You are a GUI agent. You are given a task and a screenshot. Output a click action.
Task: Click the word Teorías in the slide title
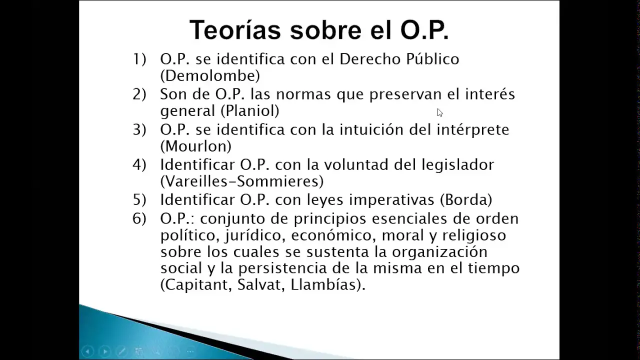tap(235, 29)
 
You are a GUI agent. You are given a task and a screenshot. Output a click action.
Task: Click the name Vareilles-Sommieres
tap(242, 181)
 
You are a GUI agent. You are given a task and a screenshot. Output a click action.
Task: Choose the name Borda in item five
tap(466, 199)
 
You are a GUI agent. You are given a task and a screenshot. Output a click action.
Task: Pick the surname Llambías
tap(323, 284)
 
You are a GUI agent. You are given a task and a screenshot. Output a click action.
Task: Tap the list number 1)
tap(139, 59)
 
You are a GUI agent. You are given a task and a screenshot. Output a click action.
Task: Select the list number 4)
tap(139, 165)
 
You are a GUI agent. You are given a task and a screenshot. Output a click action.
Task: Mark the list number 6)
tap(139, 219)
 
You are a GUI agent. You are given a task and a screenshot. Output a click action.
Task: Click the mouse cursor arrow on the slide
tap(439, 112)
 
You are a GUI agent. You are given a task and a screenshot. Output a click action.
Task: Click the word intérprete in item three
tap(473, 130)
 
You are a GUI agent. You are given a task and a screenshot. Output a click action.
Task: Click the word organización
tap(439, 252)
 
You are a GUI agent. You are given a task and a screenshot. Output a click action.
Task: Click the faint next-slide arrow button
tap(105, 351)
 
